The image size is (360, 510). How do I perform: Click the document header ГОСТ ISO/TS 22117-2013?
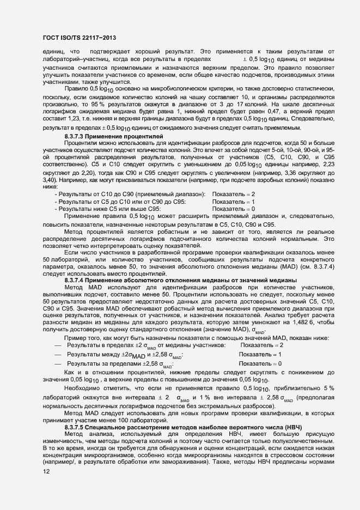point(78,38)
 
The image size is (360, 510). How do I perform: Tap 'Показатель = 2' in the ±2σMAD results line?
point(262,345)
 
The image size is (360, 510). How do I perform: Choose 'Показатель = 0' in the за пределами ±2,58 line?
point(261,363)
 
